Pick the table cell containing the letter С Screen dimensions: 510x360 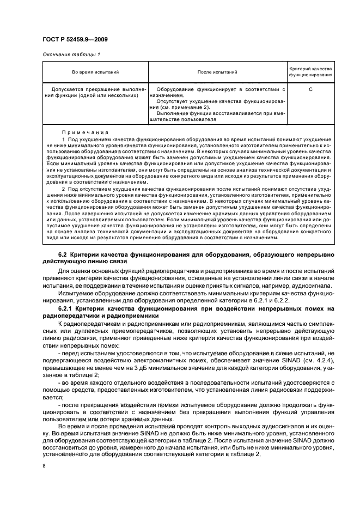310,89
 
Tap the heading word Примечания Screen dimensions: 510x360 85,132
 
